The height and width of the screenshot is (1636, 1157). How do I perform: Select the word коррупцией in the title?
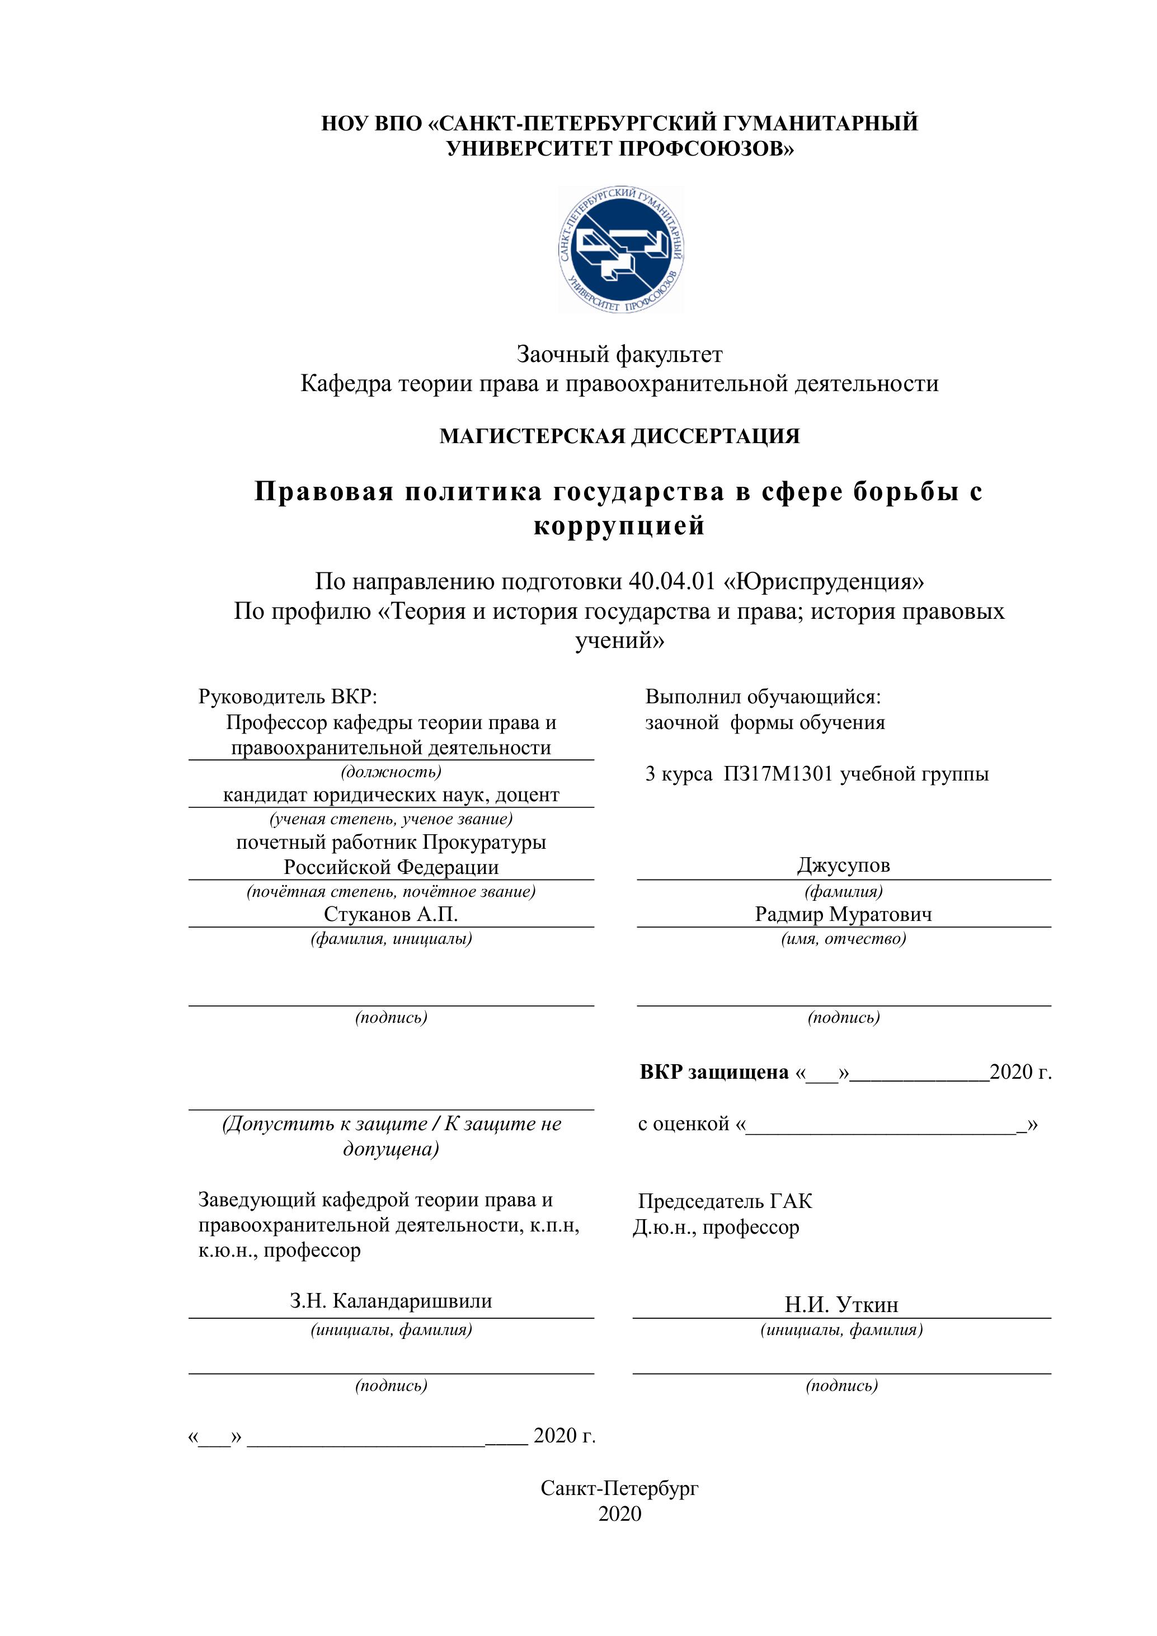click(x=619, y=526)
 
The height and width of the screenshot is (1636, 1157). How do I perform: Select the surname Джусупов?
click(x=844, y=866)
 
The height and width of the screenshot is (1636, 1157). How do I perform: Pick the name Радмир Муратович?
click(x=844, y=914)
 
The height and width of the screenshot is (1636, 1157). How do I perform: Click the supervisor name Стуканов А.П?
click(x=391, y=914)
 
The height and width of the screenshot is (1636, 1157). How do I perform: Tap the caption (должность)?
click(x=391, y=772)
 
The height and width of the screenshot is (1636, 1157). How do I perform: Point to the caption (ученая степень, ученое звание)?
click(x=391, y=820)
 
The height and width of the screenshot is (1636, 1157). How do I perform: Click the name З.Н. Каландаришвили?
click(x=391, y=1301)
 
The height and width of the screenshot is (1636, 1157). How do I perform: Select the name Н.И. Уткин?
click(x=841, y=1305)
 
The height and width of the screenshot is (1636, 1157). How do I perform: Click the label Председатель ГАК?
click(x=725, y=1201)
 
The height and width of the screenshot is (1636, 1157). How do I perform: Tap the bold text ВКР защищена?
click(x=714, y=1073)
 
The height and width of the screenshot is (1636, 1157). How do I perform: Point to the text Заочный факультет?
click(x=619, y=354)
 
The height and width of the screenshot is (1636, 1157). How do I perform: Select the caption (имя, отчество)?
click(x=844, y=939)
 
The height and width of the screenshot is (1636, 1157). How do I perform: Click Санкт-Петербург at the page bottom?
click(x=619, y=1488)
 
